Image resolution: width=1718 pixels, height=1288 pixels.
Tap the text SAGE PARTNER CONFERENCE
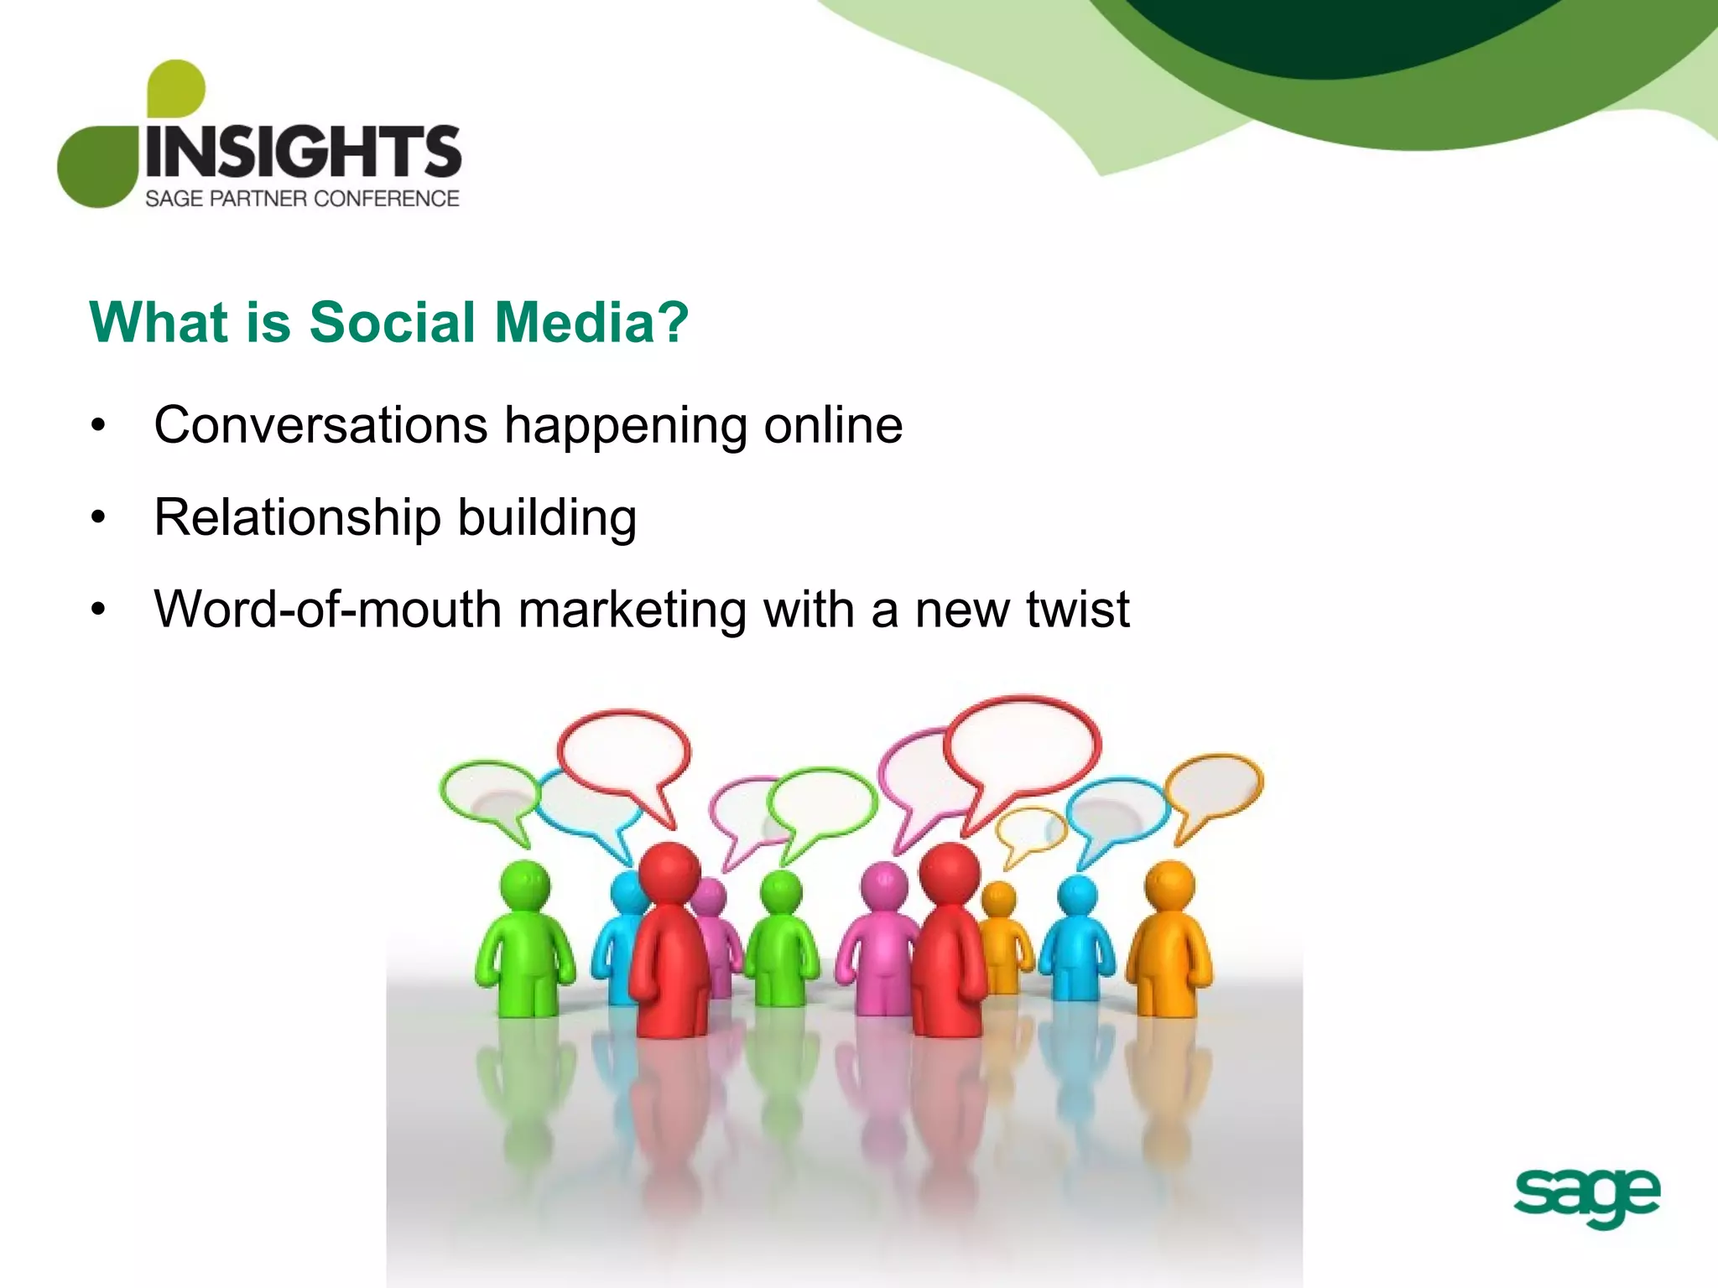click(x=302, y=199)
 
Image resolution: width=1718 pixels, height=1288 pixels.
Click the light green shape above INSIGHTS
click(x=175, y=87)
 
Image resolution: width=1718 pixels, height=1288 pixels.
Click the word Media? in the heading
click(x=591, y=322)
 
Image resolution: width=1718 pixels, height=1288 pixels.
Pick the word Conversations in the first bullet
click(x=320, y=425)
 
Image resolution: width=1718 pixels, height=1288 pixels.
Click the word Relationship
click(x=297, y=517)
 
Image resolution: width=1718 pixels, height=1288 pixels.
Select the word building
click(x=547, y=517)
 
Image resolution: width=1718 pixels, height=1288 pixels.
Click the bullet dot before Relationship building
click(x=99, y=517)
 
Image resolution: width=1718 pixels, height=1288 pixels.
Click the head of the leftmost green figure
click(x=525, y=885)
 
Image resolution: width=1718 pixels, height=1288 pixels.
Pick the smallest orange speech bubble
click(x=1031, y=829)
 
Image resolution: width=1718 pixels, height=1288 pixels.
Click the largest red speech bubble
click(x=1023, y=743)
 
